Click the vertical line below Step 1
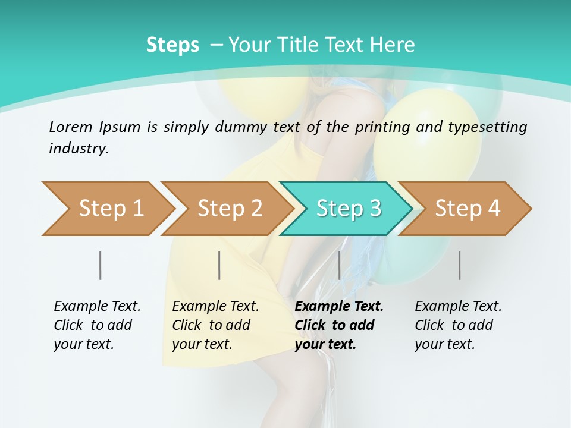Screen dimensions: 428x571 [x=100, y=265]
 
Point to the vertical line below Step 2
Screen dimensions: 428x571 [x=219, y=265]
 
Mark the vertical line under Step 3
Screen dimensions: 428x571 [x=339, y=265]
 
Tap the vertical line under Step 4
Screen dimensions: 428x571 [x=459, y=265]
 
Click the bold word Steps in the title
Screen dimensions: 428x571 [x=172, y=45]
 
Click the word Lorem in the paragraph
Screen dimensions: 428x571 [x=70, y=127]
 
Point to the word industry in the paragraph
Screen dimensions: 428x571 [x=79, y=148]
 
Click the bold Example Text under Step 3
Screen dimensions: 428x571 [x=339, y=306]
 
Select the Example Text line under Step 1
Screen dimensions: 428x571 [x=97, y=306]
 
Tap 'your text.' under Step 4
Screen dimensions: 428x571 [x=444, y=344]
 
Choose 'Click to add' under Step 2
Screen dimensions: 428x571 [x=211, y=325]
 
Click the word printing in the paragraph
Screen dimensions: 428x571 [x=383, y=127]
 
